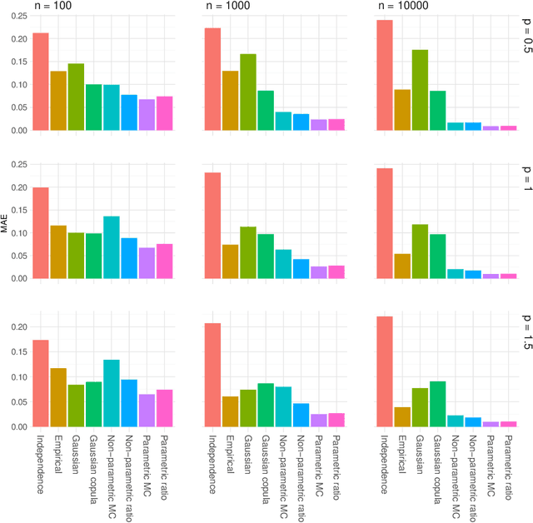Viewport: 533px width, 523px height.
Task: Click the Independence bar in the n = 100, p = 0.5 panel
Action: coord(41,82)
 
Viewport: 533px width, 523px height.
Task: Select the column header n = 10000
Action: coord(401,6)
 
